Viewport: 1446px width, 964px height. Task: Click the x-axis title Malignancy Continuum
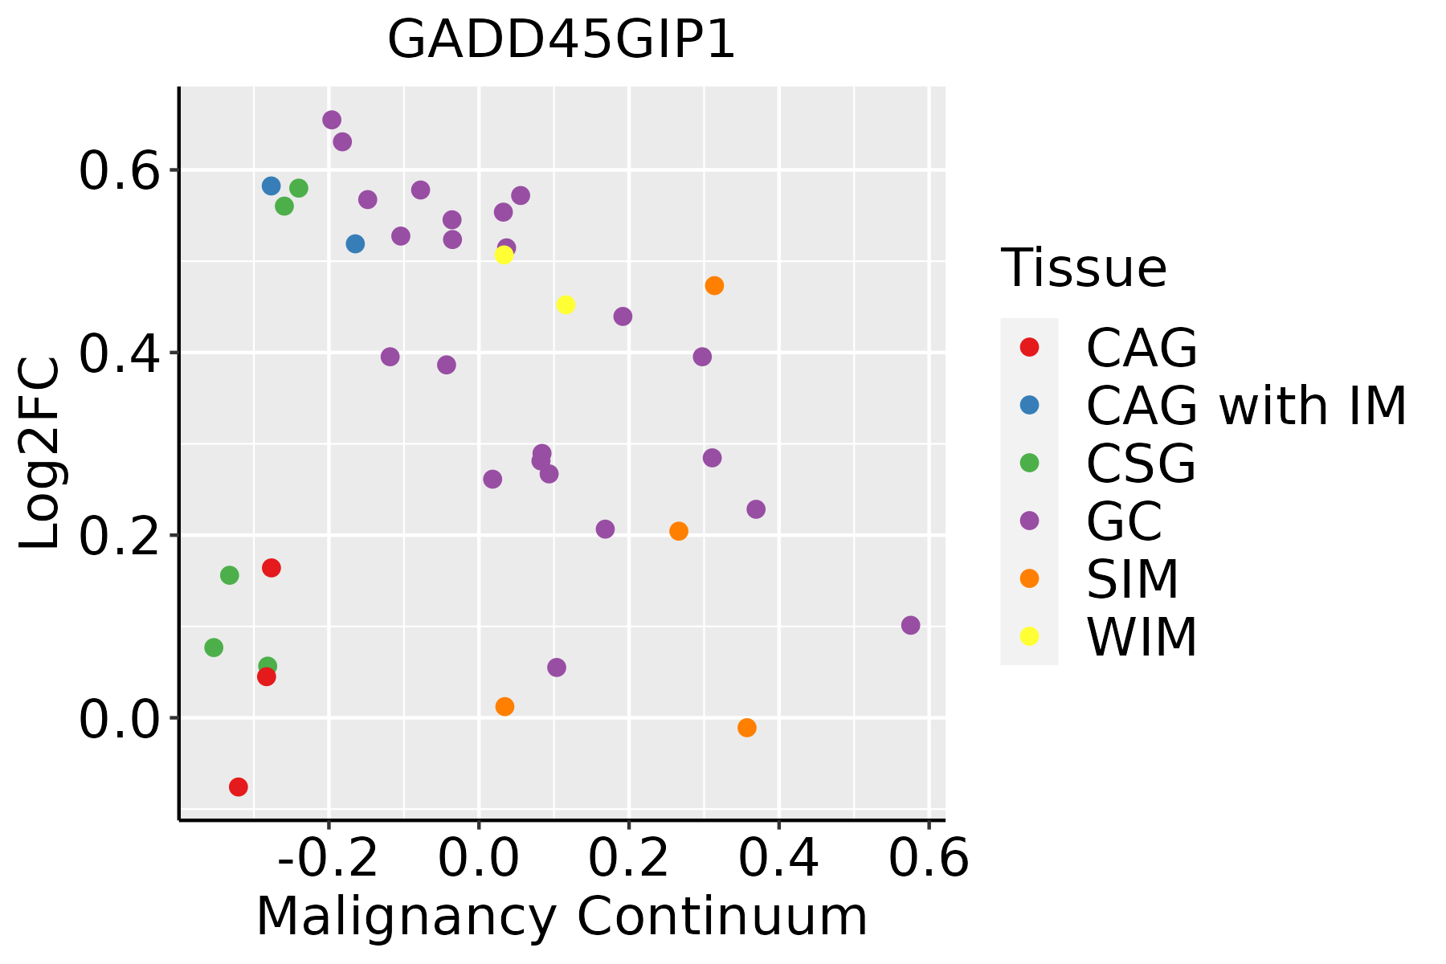coord(562,917)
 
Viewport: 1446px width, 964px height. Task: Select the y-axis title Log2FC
coord(40,454)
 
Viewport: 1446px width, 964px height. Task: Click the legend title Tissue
coord(1084,268)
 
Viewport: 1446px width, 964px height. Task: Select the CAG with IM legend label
coord(1246,406)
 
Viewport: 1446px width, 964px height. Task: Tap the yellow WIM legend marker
coord(1029,636)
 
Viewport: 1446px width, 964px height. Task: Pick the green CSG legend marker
coord(1029,463)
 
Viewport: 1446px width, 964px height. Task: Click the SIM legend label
coord(1132,579)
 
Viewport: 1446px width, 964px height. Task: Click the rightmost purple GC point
coord(910,625)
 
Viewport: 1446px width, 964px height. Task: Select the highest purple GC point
coord(332,120)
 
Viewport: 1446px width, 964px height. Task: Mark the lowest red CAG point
coord(238,786)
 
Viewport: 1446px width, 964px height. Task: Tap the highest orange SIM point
coord(714,285)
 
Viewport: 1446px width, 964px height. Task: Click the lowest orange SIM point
coord(746,728)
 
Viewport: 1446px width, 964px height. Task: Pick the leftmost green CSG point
coord(214,647)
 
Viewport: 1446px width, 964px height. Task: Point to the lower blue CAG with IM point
coord(355,243)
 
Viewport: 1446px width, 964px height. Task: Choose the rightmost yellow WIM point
coord(566,304)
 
